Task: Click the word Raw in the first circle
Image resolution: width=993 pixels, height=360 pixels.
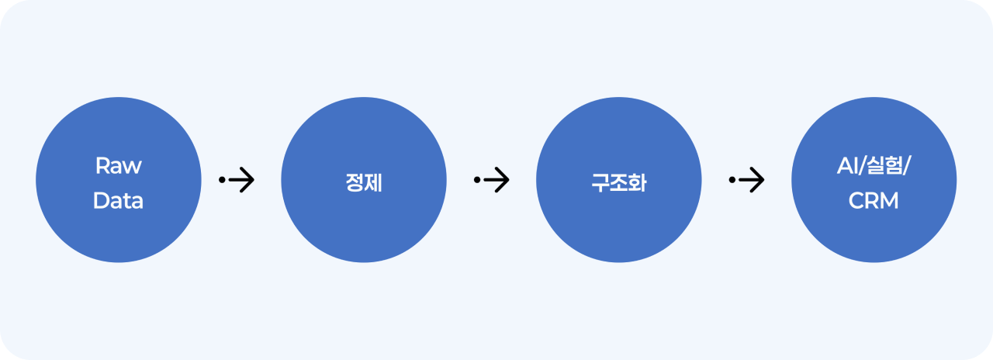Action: pos(118,166)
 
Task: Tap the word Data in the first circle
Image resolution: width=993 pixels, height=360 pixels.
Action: pos(118,201)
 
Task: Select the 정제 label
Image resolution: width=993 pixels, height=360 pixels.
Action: pos(364,184)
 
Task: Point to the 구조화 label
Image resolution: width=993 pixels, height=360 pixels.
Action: pos(619,184)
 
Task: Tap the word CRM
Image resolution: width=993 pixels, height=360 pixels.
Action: pos(874,201)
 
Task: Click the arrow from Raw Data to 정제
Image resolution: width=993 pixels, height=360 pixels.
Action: pos(237,180)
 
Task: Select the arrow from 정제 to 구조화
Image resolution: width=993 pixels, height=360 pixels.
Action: pos(492,180)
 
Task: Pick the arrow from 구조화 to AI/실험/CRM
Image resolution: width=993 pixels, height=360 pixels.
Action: pos(747,180)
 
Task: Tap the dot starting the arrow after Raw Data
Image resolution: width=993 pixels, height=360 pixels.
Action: pos(222,180)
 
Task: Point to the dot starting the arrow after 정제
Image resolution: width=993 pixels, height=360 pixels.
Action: pos(476,180)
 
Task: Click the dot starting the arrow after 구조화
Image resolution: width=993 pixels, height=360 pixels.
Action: pos(732,180)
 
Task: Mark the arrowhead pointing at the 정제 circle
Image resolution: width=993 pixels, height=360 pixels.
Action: pos(249,180)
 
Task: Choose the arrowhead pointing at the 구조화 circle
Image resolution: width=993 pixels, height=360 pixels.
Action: pos(503,180)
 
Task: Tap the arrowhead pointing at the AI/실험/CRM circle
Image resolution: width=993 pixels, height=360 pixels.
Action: pos(759,180)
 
